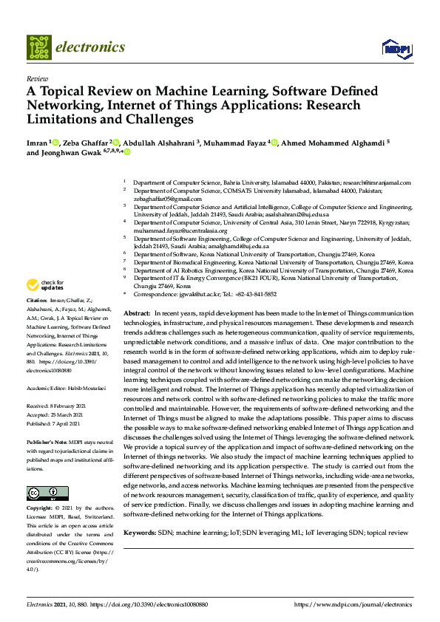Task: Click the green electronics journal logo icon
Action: [39, 47]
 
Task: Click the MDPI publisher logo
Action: [396, 49]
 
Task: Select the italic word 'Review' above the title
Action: [36, 78]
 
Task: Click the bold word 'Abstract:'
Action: [136, 315]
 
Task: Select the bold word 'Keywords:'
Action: [139, 533]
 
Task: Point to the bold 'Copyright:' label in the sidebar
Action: [40, 509]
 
